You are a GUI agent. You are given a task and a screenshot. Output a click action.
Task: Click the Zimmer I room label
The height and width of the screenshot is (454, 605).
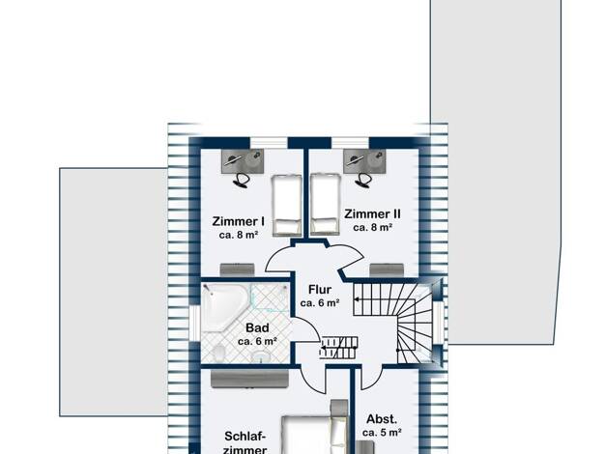[x=238, y=221]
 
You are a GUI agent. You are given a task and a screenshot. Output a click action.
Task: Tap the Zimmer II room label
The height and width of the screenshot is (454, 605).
[x=372, y=213]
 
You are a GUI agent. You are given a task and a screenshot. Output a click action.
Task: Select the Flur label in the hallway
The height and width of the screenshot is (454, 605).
[x=320, y=289]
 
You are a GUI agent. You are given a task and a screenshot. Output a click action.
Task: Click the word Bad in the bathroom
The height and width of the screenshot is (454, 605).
[x=257, y=327]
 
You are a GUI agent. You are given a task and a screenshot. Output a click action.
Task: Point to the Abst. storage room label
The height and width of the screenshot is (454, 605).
[x=382, y=419]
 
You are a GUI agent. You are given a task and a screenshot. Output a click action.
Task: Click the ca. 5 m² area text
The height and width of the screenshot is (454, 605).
[x=382, y=433]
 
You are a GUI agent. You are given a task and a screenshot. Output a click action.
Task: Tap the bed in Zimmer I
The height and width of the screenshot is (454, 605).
[x=287, y=205]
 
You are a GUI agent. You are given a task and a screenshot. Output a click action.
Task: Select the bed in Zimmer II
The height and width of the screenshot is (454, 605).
[x=326, y=204]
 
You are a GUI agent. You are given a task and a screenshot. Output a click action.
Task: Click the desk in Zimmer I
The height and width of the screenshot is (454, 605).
[x=243, y=161]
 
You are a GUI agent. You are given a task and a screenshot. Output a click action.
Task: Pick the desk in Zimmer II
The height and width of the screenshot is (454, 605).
[x=364, y=161]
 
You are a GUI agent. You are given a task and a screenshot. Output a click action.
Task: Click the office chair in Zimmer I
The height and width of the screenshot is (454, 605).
[x=242, y=180]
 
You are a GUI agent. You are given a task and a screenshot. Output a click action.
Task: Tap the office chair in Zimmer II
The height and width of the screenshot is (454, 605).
[x=363, y=180]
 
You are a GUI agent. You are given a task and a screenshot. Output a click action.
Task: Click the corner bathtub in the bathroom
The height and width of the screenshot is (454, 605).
[x=224, y=306]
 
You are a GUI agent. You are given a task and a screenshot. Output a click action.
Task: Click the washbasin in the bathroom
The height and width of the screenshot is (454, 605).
[x=262, y=356]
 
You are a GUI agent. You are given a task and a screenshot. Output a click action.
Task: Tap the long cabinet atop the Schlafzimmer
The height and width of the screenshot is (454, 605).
[x=249, y=379]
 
